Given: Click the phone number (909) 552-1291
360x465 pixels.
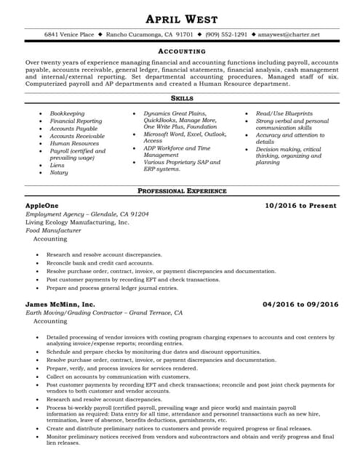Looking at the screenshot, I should tap(226, 34).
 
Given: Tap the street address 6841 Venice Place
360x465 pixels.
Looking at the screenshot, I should tap(69, 34).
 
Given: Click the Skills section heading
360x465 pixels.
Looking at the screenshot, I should tap(182, 97).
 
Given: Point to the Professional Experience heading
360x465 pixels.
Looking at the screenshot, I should tap(182, 191).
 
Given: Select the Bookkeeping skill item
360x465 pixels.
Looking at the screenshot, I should tap(67, 113).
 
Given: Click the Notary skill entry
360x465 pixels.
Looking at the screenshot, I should tap(59, 172).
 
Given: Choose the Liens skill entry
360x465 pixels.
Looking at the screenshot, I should tap(57, 165).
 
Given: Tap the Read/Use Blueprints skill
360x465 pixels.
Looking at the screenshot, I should tap(284, 113).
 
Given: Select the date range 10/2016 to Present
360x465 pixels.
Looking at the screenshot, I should tap(301, 206).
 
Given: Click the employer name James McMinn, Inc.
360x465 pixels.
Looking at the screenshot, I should tap(60, 304).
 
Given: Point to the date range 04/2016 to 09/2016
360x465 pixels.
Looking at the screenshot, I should tap(300, 304).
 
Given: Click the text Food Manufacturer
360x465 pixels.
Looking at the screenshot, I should tap(53, 230).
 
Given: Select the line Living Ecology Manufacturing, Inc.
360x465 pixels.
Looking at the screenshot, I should tap(77, 222).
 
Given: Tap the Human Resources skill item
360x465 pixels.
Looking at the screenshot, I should tap(74, 143).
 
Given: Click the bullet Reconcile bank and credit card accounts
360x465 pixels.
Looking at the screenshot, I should tap(95, 263).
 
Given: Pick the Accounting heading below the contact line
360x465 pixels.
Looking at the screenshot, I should tap(182, 52).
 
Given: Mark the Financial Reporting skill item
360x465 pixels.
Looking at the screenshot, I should tap(76, 121).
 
